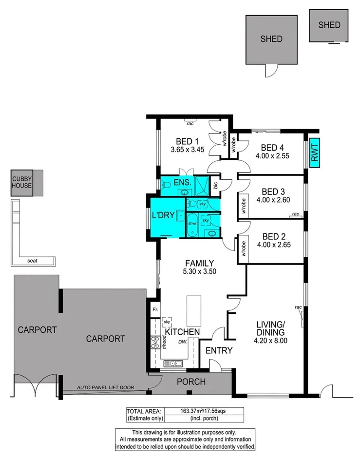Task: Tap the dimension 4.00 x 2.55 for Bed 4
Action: point(272,156)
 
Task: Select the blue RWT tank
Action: point(314,152)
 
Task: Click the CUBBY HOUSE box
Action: point(22,183)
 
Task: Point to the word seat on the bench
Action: point(33,261)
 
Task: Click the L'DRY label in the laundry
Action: point(163,215)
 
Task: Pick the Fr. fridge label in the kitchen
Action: point(155,309)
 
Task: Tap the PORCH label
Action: point(190,382)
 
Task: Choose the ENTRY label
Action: point(219,350)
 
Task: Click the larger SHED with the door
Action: point(271,39)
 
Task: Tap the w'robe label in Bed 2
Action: point(241,249)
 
